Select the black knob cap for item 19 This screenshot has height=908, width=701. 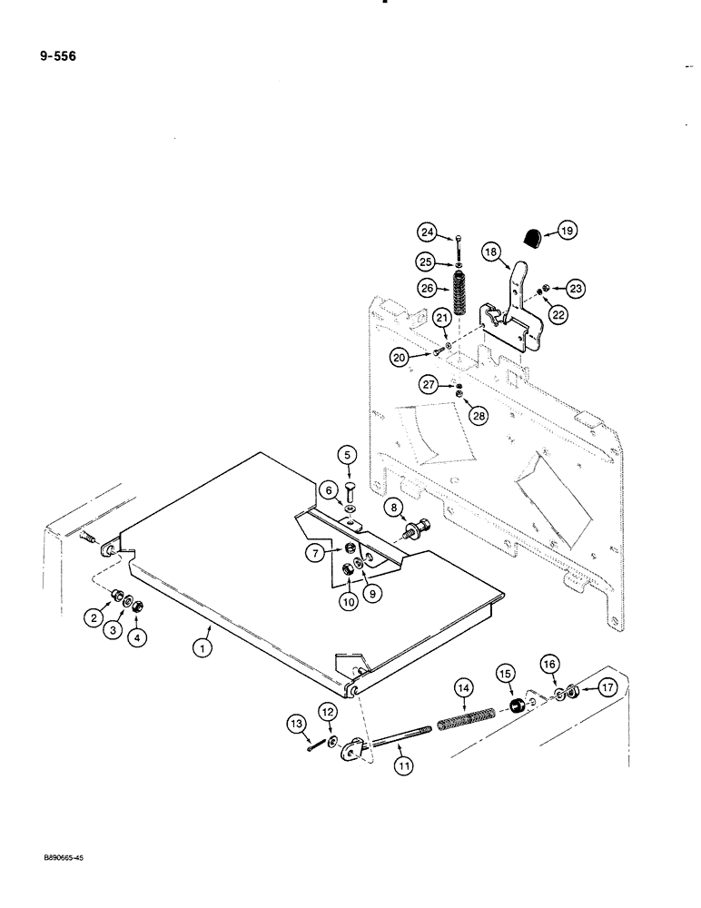coord(533,238)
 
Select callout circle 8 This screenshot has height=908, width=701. coord(392,507)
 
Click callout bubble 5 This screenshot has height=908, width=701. coord(347,455)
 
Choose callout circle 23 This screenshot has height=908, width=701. coord(575,288)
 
